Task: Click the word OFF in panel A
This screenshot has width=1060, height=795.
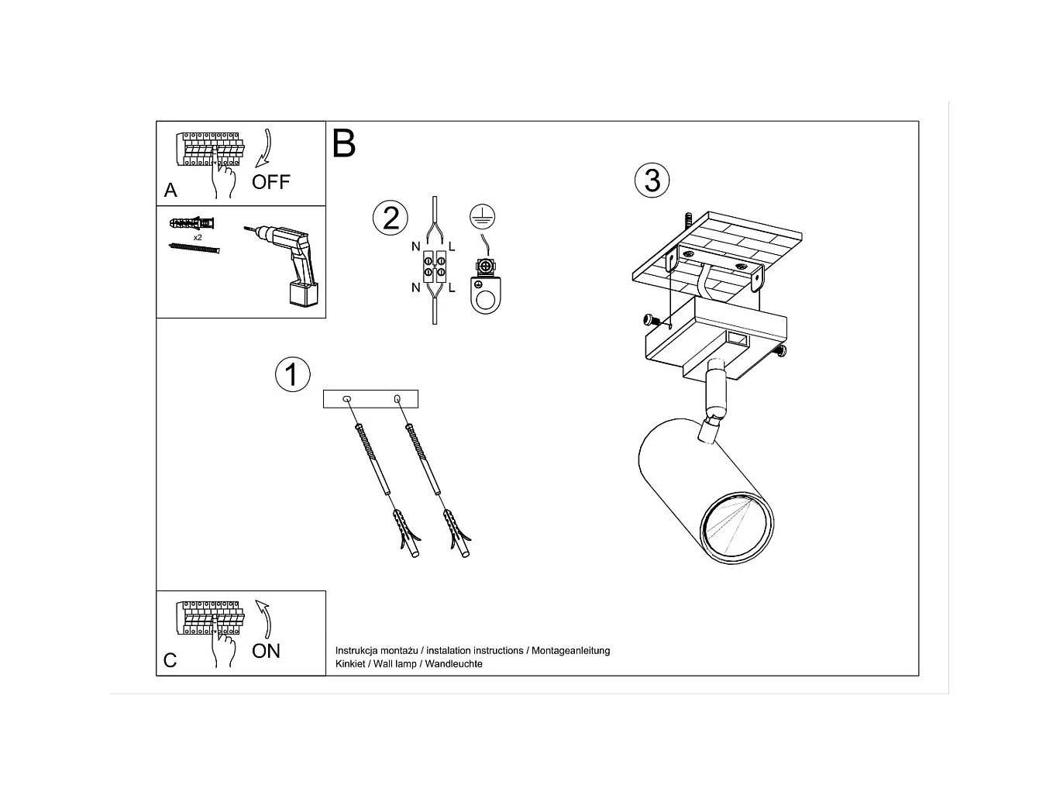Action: pyautogui.click(x=270, y=182)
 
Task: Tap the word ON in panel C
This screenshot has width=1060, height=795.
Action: pyautogui.click(x=266, y=651)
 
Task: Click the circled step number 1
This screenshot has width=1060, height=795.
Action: pyautogui.click(x=293, y=374)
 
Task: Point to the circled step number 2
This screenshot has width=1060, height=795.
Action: pyautogui.click(x=391, y=218)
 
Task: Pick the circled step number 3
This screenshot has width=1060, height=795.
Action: pyautogui.click(x=652, y=180)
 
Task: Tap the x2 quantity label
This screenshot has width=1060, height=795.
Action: pyautogui.click(x=198, y=237)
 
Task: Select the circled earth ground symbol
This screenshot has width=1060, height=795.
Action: pyautogui.click(x=482, y=216)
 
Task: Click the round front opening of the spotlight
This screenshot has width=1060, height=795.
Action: pyautogui.click(x=736, y=528)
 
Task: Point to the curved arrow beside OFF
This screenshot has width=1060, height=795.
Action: pyautogui.click(x=264, y=148)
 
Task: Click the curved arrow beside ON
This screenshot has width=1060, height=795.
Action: pyautogui.click(x=264, y=619)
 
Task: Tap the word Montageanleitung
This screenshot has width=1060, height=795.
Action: pyautogui.click(x=571, y=651)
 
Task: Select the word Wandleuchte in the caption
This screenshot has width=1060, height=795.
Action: pyautogui.click(x=453, y=664)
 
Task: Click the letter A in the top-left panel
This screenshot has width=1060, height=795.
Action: pyautogui.click(x=170, y=190)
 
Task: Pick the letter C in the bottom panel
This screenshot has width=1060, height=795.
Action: pyautogui.click(x=170, y=660)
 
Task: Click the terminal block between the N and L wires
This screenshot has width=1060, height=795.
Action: pyautogui.click(x=434, y=267)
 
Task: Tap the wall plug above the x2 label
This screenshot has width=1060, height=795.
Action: pyautogui.click(x=191, y=223)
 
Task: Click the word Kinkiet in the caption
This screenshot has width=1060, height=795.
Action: pyautogui.click(x=350, y=664)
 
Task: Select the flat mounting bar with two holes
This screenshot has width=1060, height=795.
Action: pyautogui.click(x=370, y=399)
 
